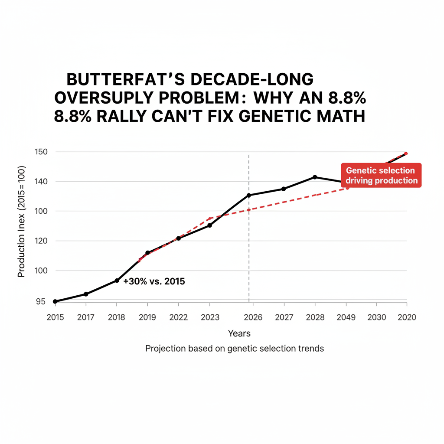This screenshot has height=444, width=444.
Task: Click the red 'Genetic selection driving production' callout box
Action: coord(381,176)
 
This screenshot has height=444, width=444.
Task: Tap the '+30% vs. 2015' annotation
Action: coord(154,281)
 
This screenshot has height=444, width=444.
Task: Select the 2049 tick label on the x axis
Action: coord(346,317)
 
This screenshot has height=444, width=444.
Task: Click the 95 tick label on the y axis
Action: coord(40,302)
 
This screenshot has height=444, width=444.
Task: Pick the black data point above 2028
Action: coord(315,177)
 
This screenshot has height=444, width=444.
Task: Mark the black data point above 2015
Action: coord(55,301)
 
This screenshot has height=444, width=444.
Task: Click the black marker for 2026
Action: coord(248,195)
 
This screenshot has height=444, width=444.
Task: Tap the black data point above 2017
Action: coord(86,294)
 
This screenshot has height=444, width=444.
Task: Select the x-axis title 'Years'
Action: coord(239,333)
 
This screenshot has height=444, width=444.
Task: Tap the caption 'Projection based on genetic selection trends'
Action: coord(234,348)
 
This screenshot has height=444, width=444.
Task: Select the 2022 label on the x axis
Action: coord(178,317)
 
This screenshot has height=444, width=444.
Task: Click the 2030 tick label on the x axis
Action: coord(376,317)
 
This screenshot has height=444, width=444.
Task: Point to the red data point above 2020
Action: coord(406,153)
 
